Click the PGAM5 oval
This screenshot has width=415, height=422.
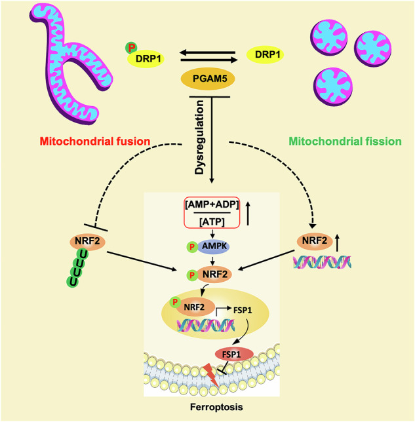tap(208, 79)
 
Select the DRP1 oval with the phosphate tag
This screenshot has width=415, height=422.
tap(146, 58)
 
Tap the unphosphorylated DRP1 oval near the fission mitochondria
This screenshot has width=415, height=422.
tap(265, 54)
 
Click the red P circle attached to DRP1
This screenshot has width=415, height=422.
tap(131, 48)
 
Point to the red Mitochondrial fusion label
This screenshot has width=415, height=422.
tap(95, 142)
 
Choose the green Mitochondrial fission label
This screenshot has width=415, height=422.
tap(345, 142)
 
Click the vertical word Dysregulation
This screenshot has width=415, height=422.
tap(199, 137)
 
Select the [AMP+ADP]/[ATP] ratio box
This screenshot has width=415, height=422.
tap(212, 212)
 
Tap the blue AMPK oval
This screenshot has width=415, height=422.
tap(214, 246)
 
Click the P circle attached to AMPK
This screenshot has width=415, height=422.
tap(192, 247)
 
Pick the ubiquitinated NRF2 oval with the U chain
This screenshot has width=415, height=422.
tap(88, 242)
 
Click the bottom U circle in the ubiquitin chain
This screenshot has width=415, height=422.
tap(72, 281)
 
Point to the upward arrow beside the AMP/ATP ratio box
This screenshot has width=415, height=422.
tap(248, 214)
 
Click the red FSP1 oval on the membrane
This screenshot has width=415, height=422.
tap(234, 354)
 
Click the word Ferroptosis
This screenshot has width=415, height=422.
tap(216, 407)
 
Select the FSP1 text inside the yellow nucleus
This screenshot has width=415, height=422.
tap(243, 311)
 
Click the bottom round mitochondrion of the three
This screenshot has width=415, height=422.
tap(333, 86)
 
